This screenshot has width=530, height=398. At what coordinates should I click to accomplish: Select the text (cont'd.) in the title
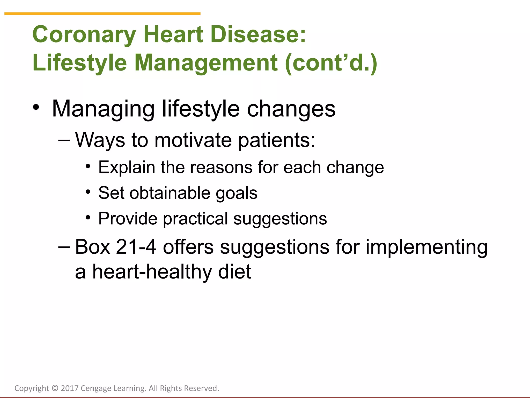coord(331,63)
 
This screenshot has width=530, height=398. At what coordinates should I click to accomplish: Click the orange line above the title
coord(102,13)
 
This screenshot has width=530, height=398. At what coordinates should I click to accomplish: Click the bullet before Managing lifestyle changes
coord(36,107)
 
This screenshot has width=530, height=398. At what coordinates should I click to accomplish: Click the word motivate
coord(193,140)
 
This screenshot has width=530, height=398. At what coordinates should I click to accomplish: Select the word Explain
coord(127,168)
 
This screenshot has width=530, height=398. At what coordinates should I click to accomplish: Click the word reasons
coord(221,168)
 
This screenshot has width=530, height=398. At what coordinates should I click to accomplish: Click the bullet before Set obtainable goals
coord(88,192)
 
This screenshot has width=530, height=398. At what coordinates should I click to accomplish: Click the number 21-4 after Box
coord(136,247)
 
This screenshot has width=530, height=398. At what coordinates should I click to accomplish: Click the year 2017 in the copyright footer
coord(70,388)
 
